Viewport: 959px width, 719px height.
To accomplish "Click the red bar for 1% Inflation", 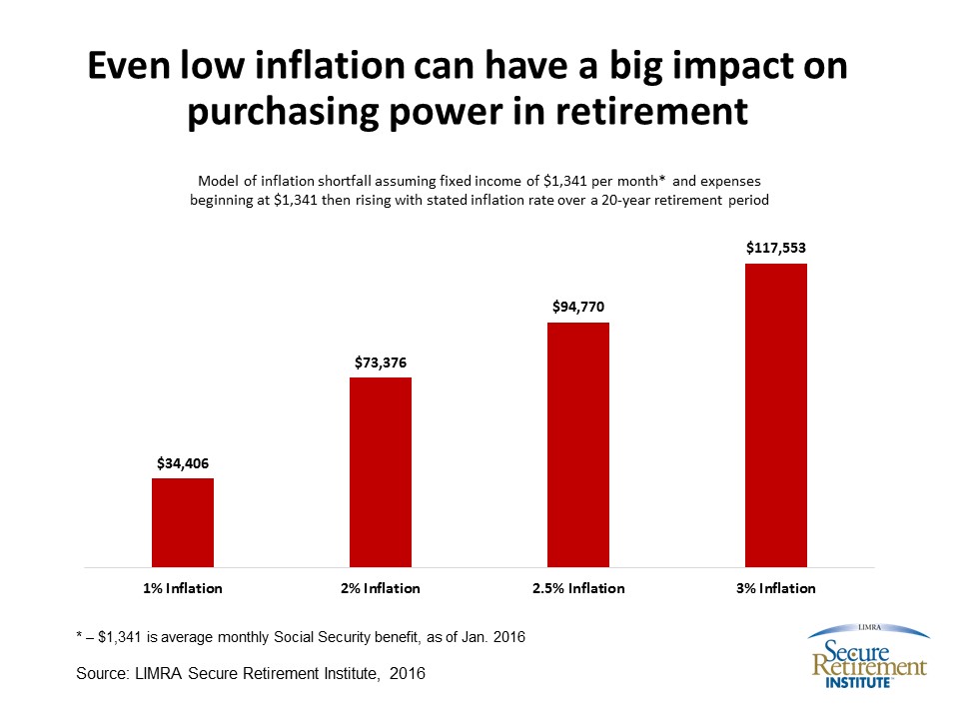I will click(183, 522).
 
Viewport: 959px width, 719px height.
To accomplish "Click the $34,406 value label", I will click(183, 464).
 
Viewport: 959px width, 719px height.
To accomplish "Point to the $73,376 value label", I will click(381, 363).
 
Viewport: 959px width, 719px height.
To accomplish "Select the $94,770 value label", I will click(578, 309).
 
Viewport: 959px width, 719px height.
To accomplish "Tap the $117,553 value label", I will click(776, 249).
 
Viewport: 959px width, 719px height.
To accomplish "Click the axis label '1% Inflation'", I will click(183, 588).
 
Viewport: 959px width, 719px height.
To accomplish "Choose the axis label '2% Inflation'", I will click(381, 588).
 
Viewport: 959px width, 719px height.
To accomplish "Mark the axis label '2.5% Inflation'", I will click(578, 588).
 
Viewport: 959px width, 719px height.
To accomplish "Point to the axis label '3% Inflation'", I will click(776, 588).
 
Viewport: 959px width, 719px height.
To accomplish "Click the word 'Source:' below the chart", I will click(102, 674).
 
